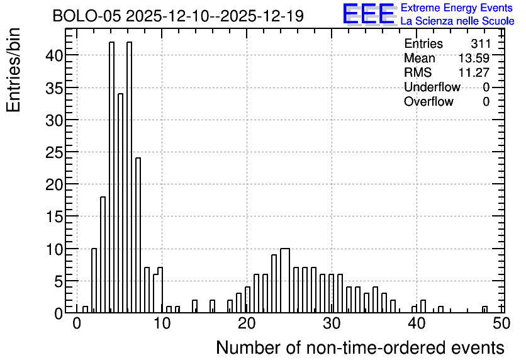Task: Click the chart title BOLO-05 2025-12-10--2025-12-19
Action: pos(178,16)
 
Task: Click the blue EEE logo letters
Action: pos(369,14)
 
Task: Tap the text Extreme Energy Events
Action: pos(457,8)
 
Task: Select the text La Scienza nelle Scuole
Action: pos(457,21)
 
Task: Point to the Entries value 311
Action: pos(480,43)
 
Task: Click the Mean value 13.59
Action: pos(474,58)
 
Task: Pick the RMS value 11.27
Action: pos(474,72)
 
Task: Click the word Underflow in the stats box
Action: pos(432,87)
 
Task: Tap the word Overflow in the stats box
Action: pos(428,101)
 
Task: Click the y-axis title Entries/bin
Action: pos(14,70)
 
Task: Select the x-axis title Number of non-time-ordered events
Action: pos(361,347)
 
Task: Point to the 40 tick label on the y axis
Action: pos(54,55)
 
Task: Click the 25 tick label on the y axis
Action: pos(54,152)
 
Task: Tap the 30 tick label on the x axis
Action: pos(332,323)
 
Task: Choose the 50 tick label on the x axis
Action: pos(502,323)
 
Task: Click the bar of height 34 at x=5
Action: pos(120,203)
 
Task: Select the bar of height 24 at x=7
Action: pos(138,235)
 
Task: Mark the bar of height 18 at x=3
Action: pos(103,255)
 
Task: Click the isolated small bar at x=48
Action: pos(484,310)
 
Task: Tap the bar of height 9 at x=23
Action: pos(274,284)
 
